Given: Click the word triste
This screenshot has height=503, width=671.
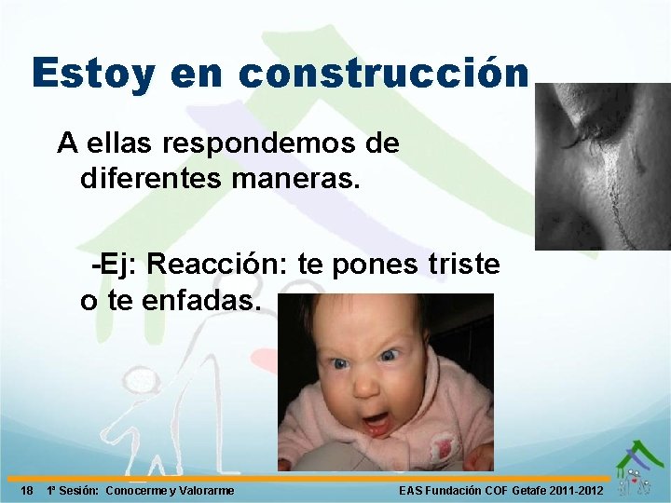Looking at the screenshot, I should pos(464,265).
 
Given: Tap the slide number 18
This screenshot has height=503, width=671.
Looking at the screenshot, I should pos(27,491).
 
